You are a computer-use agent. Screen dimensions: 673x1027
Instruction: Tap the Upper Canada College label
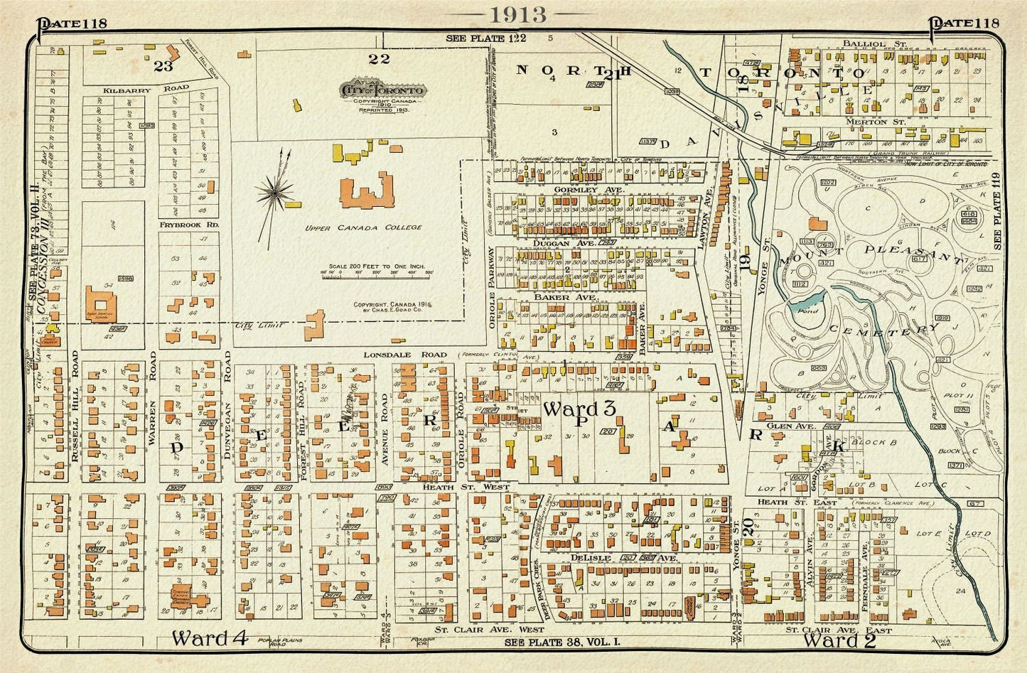point(363,228)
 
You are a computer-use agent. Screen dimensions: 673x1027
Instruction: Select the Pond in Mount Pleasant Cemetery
point(809,311)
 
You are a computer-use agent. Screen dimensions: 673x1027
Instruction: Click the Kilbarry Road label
point(146,89)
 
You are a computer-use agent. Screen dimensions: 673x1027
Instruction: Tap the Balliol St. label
point(864,44)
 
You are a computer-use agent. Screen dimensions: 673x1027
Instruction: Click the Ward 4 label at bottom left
point(209,637)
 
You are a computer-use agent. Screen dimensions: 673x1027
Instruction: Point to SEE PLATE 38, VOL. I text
point(562,642)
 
